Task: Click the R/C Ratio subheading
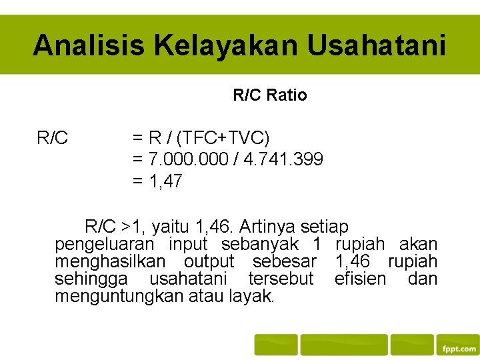pos(270,95)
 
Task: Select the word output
pos(209,261)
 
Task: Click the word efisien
pos(360,278)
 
